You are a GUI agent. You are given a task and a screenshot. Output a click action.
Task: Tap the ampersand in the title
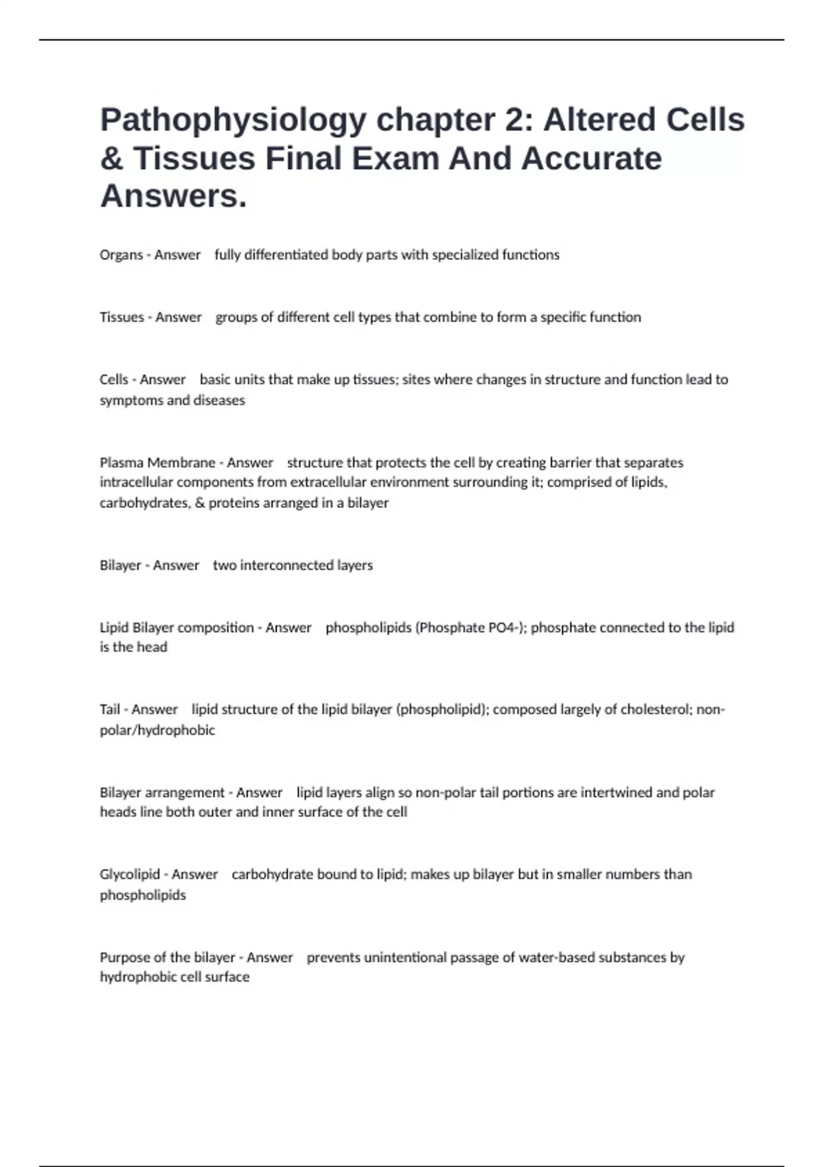(x=111, y=159)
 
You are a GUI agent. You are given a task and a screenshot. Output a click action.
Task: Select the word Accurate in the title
(x=591, y=159)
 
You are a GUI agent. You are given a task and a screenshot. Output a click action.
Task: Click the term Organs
(x=121, y=255)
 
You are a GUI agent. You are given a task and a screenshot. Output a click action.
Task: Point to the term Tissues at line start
(x=122, y=317)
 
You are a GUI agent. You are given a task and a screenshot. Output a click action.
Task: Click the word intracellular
(x=137, y=482)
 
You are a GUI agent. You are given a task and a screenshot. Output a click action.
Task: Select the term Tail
(x=110, y=709)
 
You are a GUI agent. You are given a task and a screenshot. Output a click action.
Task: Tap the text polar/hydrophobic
(x=157, y=730)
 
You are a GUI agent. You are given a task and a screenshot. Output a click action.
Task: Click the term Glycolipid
(x=130, y=874)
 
